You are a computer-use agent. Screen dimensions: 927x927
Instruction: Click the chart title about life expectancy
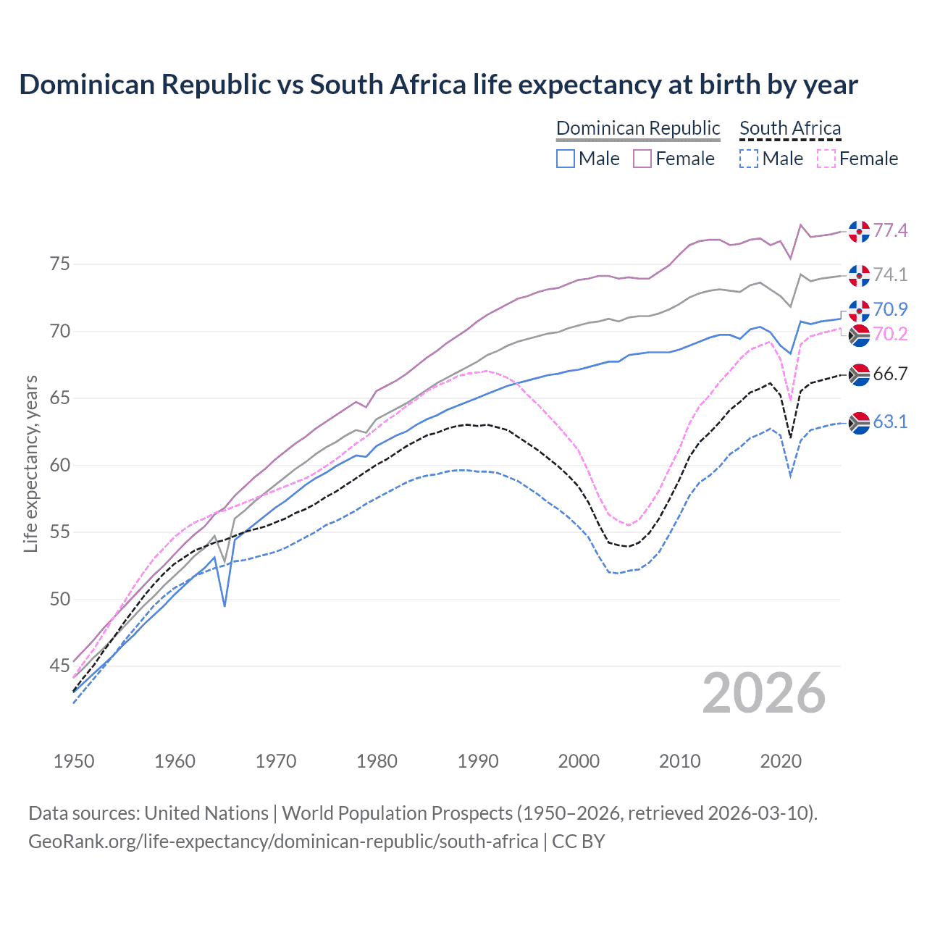pos(438,85)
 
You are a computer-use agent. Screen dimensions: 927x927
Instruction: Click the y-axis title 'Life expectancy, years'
pos(30,463)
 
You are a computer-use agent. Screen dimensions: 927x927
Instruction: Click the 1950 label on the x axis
pos(74,761)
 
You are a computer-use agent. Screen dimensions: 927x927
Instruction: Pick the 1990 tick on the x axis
pos(478,761)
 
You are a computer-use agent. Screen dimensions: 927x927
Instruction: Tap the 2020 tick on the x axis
pos(781,761)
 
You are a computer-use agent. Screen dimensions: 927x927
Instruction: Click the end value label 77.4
pos(890,230)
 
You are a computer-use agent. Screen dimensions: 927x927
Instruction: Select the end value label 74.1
pos(890,274)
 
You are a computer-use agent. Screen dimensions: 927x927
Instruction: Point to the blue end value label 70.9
pos(890,309)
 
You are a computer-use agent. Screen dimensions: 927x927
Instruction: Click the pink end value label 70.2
pos(890,334)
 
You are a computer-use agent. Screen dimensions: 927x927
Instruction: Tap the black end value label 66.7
pos(890,374)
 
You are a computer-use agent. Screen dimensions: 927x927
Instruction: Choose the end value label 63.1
pos(890,421)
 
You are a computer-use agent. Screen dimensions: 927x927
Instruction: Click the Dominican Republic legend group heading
pos(638,128)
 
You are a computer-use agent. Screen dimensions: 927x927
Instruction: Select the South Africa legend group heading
pos(790,128)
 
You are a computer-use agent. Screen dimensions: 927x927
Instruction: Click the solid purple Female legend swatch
pos(642,159)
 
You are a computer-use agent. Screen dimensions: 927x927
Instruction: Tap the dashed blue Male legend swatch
pos(749,159)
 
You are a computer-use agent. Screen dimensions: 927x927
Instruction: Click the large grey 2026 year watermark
pos(764,693)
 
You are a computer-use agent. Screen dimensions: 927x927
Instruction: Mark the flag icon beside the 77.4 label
pos(859,231)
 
